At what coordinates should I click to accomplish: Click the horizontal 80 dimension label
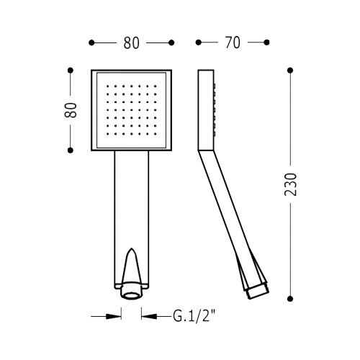pyautogui.click(x=131, y=43)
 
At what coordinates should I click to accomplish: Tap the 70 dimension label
pyautogui.click(x=233, y=42)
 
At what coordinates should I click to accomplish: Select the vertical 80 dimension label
pyautogui.click(x=71, y=110)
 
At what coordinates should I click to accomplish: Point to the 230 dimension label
pyautogui.click(x=290, y=184)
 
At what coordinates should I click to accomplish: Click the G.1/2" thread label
pyautogui.click(x=194, y=317)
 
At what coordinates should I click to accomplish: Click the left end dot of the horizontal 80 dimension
pyautogui.click(x=91, y=43)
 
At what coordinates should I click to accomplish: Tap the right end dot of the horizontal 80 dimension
pyautogui.click(x=171, y=43)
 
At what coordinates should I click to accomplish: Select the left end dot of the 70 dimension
pyautogui.click(x=198, y=42)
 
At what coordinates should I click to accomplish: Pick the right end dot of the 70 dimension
pyautogui.click(x=266, y=42)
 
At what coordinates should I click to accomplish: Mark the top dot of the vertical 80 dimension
pyautogui.click(x=71, y=71)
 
